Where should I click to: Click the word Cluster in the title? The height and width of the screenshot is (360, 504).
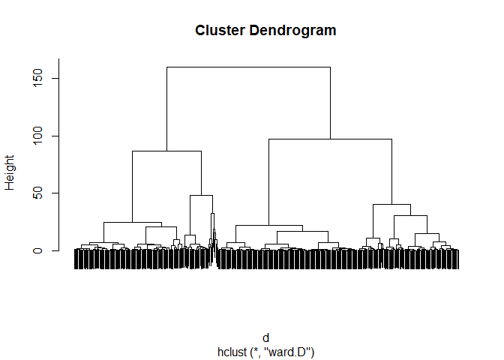[217, 31]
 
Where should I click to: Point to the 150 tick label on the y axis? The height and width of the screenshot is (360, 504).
[36, 78]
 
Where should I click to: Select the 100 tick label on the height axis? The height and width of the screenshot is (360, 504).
[36, 136]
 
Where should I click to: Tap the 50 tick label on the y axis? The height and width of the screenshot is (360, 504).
[36, 193]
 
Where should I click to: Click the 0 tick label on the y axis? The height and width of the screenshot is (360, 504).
[36, 250]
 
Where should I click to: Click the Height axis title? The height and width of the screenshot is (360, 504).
[10, 172]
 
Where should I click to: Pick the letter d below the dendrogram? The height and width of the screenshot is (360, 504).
[265, 338]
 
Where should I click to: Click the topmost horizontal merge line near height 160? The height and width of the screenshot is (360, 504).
[248, 67]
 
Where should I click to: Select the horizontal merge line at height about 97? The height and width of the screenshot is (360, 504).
[330, 139]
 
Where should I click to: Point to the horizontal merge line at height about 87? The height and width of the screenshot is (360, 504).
[166, 151]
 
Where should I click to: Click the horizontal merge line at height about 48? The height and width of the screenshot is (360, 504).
[201, 196]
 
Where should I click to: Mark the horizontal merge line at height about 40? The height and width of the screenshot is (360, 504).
[391, 205]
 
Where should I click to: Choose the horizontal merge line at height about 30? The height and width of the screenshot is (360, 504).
[410, 216]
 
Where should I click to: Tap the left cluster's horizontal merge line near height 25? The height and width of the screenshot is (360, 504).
[132, 223]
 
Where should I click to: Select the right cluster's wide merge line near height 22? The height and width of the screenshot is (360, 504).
[268, 225]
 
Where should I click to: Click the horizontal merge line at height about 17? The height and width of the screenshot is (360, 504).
[302, 232]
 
